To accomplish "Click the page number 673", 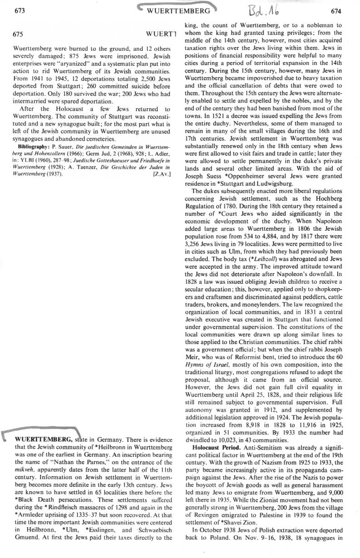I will click(19, 11).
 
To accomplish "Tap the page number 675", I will click(19, 34).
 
